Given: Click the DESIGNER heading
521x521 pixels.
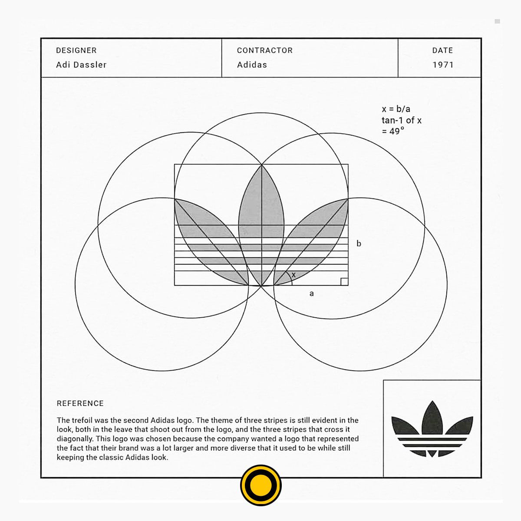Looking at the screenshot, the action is click(x=76, y=50).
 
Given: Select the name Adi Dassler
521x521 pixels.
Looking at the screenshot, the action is click(x=81, y=65).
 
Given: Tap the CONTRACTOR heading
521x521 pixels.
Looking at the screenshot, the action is click(x=265, y=50).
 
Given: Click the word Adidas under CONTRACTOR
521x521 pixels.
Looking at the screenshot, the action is click(x=252, y=65).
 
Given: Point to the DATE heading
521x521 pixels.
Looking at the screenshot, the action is click(x=442, y=50).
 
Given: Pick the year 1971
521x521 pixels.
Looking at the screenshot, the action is click(x=443, y=65).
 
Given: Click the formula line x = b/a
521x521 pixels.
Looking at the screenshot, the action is click(x=396, y=109).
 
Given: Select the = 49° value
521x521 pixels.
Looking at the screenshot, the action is click(x=393, y=131).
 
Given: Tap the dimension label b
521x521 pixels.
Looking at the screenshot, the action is click(x=359, y=243).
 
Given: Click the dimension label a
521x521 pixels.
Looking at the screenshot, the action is click(x=311, y=293).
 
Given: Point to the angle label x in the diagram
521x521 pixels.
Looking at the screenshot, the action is click(x=293, y=275).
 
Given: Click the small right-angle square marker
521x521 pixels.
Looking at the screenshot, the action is click(x=344, y=281).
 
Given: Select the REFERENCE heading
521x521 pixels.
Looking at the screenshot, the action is click(x=80, y=403).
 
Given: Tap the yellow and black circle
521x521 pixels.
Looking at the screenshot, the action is click(x=261, y=485).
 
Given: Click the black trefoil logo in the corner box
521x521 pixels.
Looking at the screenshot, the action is click(x=432, y=433).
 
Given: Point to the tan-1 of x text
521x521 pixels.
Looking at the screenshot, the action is click(x=402, y=120).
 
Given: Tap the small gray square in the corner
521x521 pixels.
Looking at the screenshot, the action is click(x=497, y=21).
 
